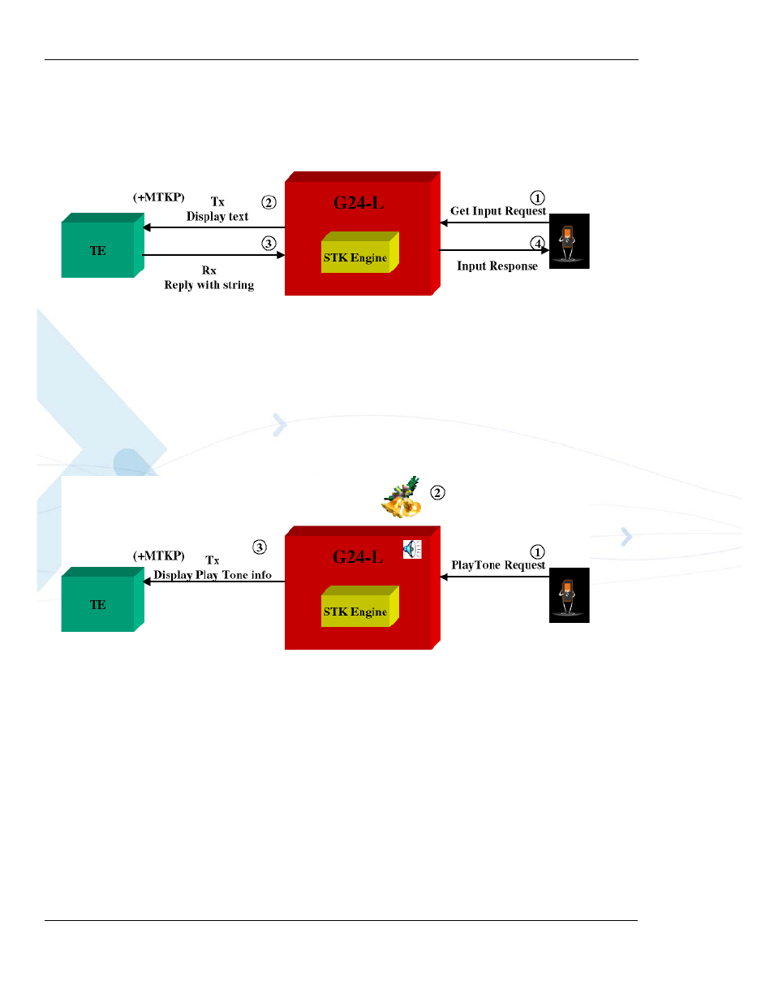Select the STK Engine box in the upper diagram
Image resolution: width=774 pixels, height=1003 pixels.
coord(355,257)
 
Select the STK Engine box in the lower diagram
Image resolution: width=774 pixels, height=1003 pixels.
coord(355,612)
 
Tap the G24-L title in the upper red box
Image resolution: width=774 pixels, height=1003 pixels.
coord(359,203)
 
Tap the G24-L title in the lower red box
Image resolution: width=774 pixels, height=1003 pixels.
coord(358,557)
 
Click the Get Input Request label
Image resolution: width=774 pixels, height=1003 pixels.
coord(497,211)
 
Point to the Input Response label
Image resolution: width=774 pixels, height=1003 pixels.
coord(497,266)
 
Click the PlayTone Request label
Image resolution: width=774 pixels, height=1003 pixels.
coord(498,565)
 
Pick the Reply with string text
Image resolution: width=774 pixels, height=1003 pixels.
coord(209,285)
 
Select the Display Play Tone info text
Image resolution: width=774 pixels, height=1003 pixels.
coord(213,575)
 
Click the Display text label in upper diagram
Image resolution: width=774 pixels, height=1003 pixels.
coord(217,217)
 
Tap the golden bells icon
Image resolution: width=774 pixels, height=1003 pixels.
coord(402,498)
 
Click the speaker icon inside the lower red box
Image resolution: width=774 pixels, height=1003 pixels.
coord(412,550)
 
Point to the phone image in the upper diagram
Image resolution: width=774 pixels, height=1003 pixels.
coord(569,241)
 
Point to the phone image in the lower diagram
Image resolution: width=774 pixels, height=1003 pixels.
coord(569,595)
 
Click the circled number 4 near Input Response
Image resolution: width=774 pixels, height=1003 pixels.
coord(537,243)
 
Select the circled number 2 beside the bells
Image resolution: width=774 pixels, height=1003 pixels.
coord(437,493)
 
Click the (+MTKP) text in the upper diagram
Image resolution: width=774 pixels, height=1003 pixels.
coord(159,197)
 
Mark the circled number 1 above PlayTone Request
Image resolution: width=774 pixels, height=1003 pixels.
coord(537,552)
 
